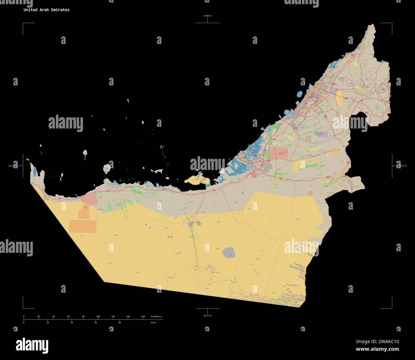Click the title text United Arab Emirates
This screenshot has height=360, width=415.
[x=46, y=10]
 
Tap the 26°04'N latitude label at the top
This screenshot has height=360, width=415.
[x=207, y=16]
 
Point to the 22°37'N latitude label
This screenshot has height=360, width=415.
[x=207, y=316]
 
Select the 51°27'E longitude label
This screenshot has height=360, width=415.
[x=13, y=166]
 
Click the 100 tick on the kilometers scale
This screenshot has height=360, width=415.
[x=98, y=317]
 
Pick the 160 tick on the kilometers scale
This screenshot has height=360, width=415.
[x=143, y=317]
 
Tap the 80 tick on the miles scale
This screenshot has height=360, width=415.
[x=119, y=322]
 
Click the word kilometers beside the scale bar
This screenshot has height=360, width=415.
[x=156, y=317]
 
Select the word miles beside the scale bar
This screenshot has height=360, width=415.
[x=154, y=322]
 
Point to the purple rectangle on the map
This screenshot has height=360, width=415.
[x=324, y=135]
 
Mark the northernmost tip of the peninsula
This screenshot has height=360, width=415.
[x=372, y=25]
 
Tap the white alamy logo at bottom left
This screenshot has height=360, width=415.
[x=32, y=345]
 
